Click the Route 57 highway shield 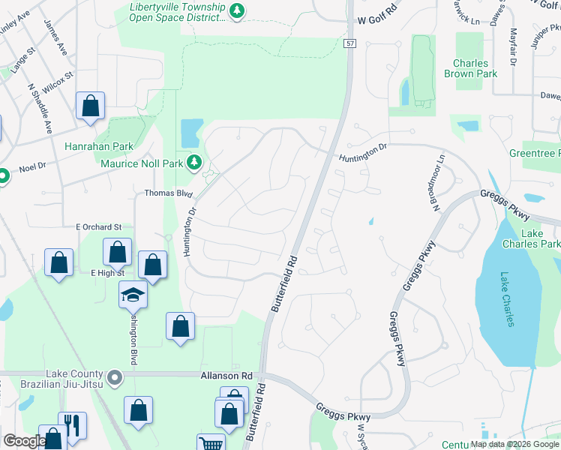click(350, 44)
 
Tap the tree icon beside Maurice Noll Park click(194, 161)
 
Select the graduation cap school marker click(133, 294)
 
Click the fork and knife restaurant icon click(72, 424)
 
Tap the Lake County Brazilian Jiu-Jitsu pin click(115, 379)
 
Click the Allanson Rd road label click(226, 375)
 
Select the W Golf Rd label click(377, 21)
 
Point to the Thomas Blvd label click(169, 193)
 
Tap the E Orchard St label click(98, 226)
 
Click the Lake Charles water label click(508, 298)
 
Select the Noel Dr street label click(33, 169)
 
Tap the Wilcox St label click(58, 82)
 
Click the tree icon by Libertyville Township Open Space click(237, 10)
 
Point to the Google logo click(24, 442)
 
